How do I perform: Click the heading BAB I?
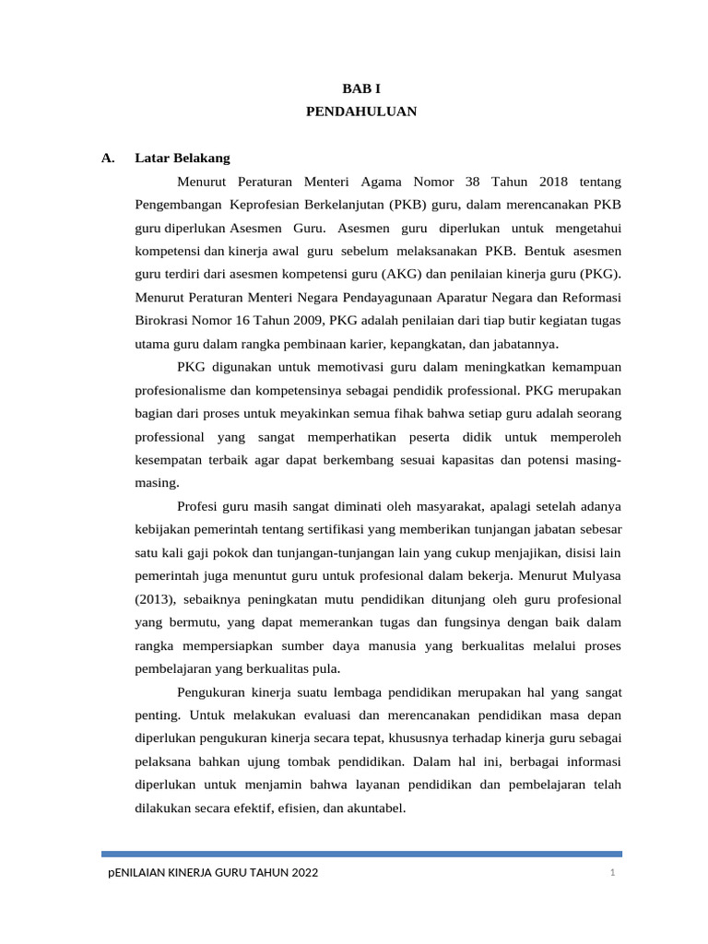(x=360, y=88)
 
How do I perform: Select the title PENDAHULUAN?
(x=360, y=112)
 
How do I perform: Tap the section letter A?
(x=108, y=158)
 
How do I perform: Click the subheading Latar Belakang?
(x=183, y=158)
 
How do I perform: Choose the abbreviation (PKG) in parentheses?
(x=600, y=274)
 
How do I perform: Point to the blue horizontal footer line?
(x=360, y=854)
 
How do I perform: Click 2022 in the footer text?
(x=301, y=873)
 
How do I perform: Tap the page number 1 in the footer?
(x=611, y=873)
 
